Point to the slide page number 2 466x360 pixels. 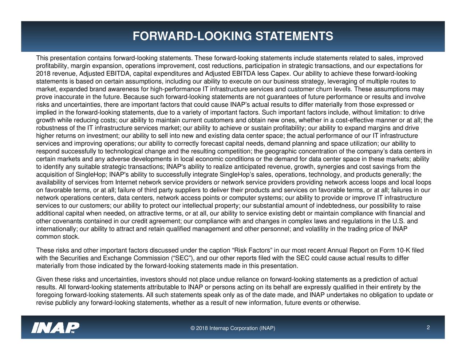click(429, 328)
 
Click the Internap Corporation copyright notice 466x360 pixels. click(233, 329)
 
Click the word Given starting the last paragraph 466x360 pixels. click(44, 280)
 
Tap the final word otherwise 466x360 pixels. click(345, 303)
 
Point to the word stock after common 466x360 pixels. click(71, 237)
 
